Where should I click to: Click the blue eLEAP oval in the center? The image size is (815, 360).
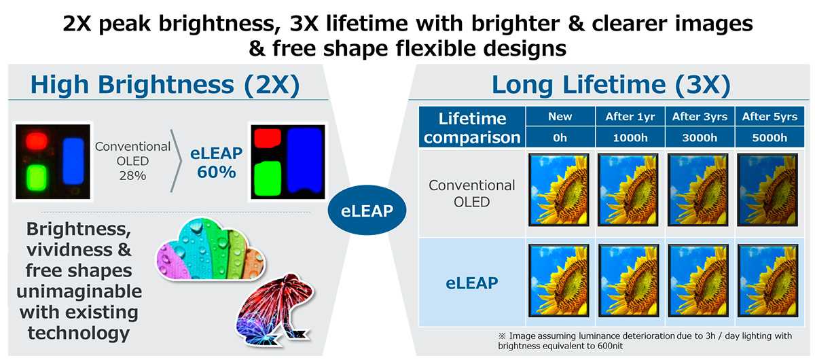coord(367,210)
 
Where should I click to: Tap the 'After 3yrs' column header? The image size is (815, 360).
coord(700,116)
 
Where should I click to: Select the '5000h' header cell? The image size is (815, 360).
coord(769,138)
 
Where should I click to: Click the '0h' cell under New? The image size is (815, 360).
coord(560,138)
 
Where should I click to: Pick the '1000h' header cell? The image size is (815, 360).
coord(630,138)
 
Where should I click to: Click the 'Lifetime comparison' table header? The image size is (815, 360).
coord(472,128)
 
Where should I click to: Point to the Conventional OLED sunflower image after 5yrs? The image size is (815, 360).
coord(767,190)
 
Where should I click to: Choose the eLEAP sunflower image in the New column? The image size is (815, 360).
coord(559,281)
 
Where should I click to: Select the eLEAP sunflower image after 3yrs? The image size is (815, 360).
coord(698,281)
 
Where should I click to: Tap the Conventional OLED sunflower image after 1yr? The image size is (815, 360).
coord(628,190)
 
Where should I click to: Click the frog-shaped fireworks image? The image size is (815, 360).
coord(274,310)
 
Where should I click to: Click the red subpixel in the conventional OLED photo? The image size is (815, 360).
coord(37,141)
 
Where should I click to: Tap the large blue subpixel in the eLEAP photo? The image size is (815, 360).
coord(304,160)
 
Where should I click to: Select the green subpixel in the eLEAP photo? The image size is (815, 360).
coord(268,179)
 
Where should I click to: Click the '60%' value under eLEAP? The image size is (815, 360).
coord(217,172)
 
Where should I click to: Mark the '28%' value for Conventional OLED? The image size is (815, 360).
coord(132,176)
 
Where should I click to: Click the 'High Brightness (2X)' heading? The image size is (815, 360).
coord(165,85)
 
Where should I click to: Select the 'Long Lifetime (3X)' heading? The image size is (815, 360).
coord(611,85)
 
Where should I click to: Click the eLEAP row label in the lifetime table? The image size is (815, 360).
coord(471,283)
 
